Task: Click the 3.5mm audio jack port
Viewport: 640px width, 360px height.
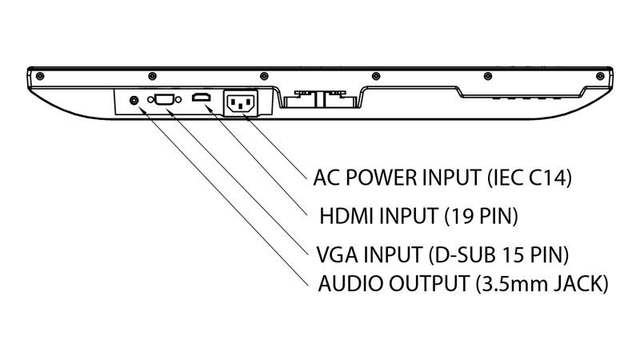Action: [134, 101]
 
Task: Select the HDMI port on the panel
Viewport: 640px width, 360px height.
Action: [200, 99]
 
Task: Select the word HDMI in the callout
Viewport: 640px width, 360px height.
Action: [347, 215]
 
